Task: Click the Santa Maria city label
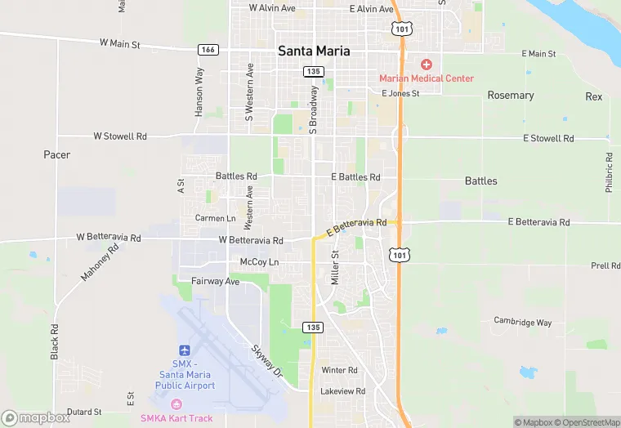pyautogui.click(x=314, y=51)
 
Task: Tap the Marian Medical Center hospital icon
pyautogui.click(x=426, y=64)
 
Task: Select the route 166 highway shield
pyautogui.click(x=208, y=50)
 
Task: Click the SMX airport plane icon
pyautogui.click(x=184, y=350)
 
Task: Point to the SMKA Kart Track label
pyautogui.click(x=187, y=418)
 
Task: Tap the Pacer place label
pyautogui.click(x=57, y=154)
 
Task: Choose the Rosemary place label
pyautogui.click(x=511, y=96)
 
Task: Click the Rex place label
pyautogui.click(x=594, y=96)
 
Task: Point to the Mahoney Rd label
pyautogui.click(x=100, y=262)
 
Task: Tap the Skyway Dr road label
pyautogui.click(x=266, y=360)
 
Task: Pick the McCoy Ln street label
pyautogui.click(x=259, y=261)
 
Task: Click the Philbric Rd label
pyautogui.click(x=610, y=172)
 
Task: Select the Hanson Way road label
pyautogui.click(x=199, y=91)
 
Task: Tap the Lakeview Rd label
pyautogui.click(x=343, y=391)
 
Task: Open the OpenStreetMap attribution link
pyautogui.click(x=587, y=422)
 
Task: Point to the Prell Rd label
pyautogui.click(x=605, y=266)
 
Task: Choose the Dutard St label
pyautogui.click(x=84, y=412)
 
